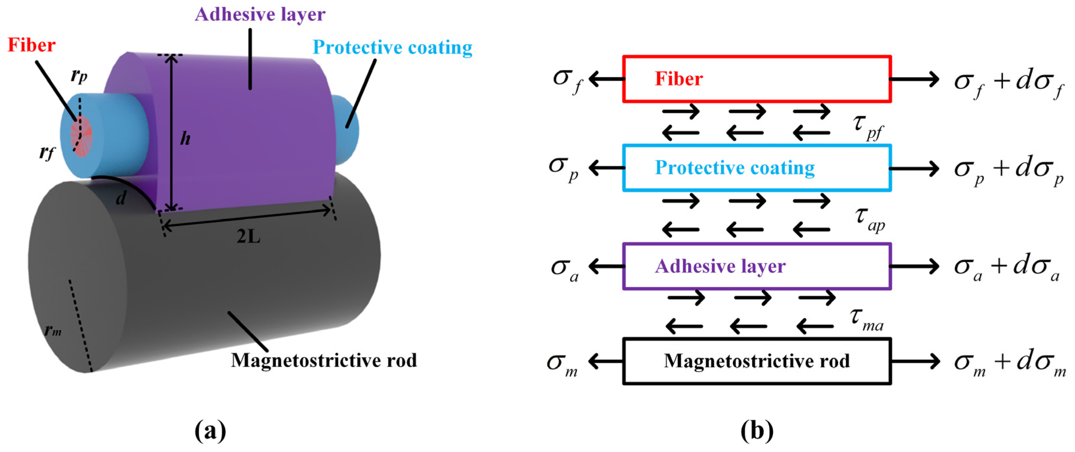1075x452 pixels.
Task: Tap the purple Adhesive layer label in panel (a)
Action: (x=260, y=14)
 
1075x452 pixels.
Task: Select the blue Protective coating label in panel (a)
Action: (x=392, y=48)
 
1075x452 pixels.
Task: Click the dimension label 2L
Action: (x=248, y=237)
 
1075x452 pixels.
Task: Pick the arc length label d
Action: (x=121, y=198)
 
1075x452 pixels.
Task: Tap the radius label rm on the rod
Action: (x=53, y=331)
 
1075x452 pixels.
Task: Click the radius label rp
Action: (x=79, y=75)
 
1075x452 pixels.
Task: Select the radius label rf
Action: (x=46, y=153)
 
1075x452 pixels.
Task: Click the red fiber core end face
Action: (x=82, y=136)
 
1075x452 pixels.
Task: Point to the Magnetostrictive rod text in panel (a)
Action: (x=324, y=361)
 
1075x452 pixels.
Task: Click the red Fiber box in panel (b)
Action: (x=757, y=79)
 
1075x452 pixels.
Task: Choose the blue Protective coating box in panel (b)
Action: (x=757, y=168)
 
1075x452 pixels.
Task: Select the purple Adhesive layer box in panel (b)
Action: (x=757, y=266)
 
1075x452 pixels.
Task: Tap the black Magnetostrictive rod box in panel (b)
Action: (x=757, y=361)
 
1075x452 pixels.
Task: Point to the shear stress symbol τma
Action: (x=866, y=320)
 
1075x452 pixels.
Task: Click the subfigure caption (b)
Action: (x=757, y=431)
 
